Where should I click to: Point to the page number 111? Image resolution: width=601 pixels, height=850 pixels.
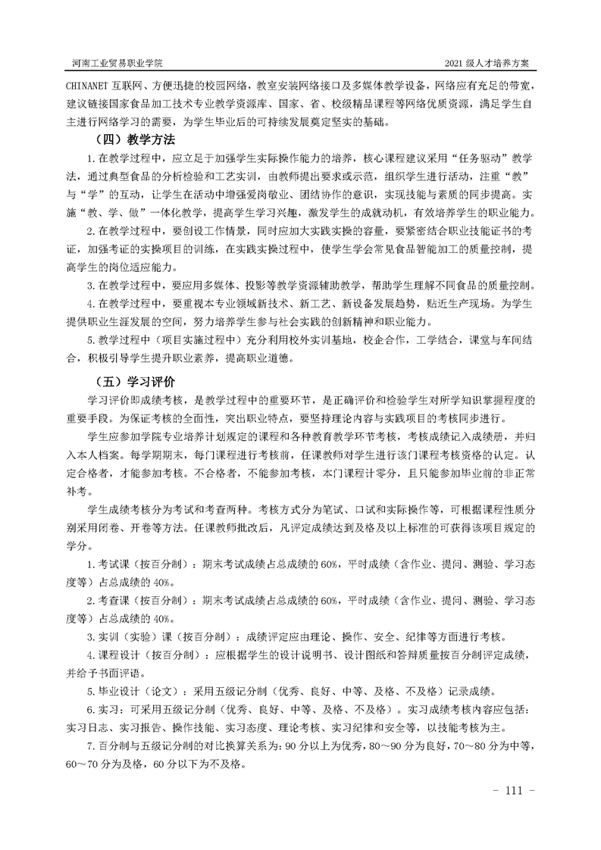pyautogui.click(x=514, y=791)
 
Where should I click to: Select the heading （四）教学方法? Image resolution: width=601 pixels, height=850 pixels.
pyautogui.click(x=130, y=139)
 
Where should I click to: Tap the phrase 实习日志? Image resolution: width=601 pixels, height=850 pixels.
pyautogui.click(x=86, y=728)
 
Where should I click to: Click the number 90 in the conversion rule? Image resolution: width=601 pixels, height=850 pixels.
pyautogui.click(x=289, y=747)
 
